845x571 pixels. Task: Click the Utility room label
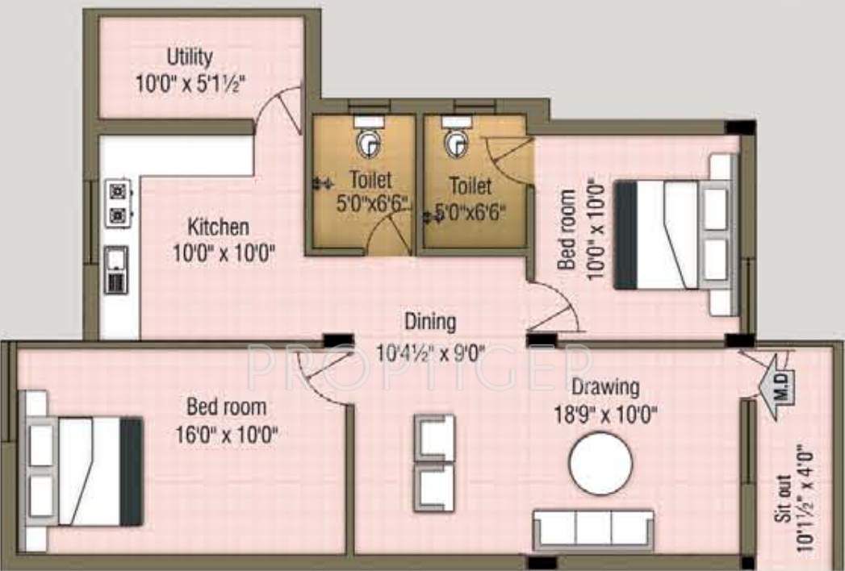pos(190,57)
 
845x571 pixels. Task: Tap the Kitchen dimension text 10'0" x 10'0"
pos(224,252)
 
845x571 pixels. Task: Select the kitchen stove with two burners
pos(119,203)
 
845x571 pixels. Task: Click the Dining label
pos(430,323)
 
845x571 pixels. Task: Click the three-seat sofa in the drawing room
pos(593,529)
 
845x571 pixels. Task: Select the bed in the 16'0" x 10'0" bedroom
pos(83,471)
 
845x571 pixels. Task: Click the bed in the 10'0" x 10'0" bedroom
pos(675,235)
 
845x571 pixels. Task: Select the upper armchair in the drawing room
pos(434,436)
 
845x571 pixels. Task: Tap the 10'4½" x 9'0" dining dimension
pos(430,352)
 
